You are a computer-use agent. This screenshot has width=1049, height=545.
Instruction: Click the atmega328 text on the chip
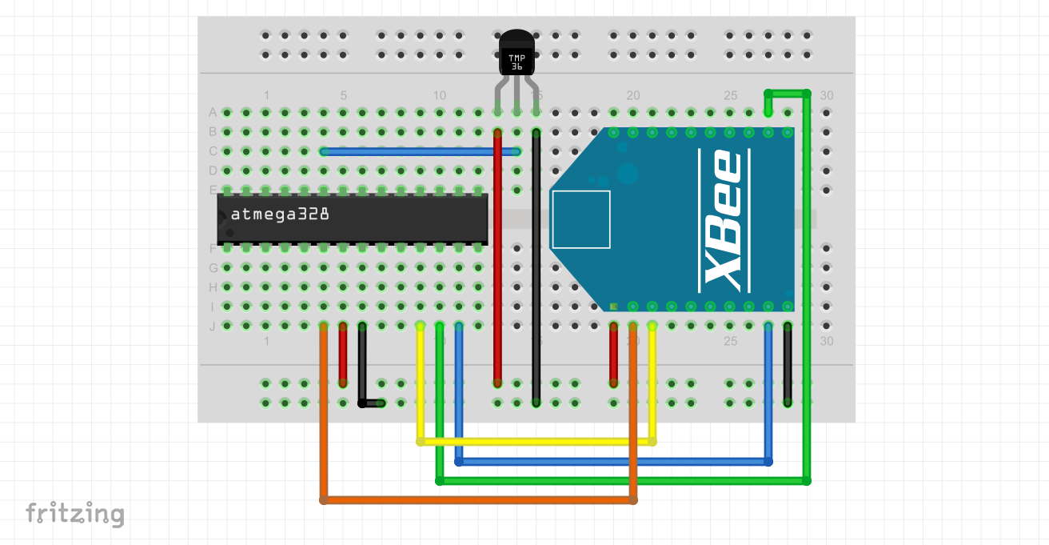pos(280,214)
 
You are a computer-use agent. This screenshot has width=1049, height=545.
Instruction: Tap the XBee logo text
pos(721,219)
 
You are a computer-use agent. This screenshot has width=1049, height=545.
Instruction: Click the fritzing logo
pos(74,513)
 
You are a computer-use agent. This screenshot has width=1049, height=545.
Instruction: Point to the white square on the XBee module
pos(580,219)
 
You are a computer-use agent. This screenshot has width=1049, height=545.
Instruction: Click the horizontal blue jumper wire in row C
pos(420,151)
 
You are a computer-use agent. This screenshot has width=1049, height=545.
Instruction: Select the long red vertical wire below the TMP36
pos(497,264)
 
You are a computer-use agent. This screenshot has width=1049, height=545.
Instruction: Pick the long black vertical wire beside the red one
pos(536,264)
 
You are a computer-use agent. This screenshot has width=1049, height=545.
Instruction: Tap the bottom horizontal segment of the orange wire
pos(478,500)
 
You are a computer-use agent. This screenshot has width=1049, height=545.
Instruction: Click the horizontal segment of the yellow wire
pos(536,441)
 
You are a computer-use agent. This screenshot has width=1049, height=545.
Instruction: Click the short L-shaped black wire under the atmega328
pos(363,376)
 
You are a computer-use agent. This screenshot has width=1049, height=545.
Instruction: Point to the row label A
pos(213,112)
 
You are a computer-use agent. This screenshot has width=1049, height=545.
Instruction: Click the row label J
pos(213,326)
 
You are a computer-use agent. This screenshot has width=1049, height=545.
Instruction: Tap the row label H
pos(213,287)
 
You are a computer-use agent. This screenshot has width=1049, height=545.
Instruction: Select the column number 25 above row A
pos(730,95)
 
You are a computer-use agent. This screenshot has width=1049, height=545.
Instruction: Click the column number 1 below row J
pos(266,341)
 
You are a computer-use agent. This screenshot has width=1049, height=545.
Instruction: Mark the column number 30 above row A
pos(827,95)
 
